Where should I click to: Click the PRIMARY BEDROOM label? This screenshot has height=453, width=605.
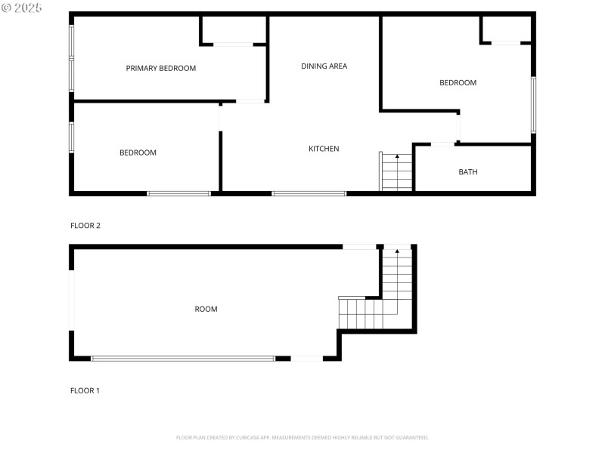(160, 68)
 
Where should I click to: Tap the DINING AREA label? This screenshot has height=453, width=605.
(324, 66)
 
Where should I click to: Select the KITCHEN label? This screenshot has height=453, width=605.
(324, 149)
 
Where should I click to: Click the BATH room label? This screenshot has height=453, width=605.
(468, 172)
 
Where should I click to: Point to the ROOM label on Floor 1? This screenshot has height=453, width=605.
(206, 309)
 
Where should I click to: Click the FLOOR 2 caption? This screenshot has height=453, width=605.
(85, 225)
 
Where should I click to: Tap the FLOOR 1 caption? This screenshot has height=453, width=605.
(85, 390)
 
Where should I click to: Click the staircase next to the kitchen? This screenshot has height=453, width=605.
(396, 172)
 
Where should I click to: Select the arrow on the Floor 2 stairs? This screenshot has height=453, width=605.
(397, 157)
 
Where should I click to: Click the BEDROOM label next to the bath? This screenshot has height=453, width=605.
(458, 82)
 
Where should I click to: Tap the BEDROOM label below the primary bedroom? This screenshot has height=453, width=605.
(138, 153)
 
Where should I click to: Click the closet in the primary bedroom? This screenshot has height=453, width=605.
(233, 30)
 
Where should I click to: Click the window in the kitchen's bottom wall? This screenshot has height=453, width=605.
(309, 193)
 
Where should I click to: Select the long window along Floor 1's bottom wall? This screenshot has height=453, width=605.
(183, 359)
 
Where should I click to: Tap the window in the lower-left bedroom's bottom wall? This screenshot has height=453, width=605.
(178, 193)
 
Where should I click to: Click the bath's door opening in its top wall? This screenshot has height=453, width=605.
(442, 143)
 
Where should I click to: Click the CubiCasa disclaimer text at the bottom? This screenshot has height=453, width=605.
(302, 437)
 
